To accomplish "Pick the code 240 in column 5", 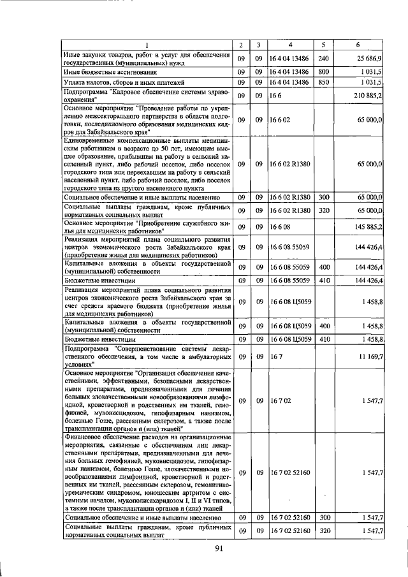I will (x=323, y=59).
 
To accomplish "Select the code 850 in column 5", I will (x=323, y=82).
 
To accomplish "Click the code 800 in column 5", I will (x=323, y=71).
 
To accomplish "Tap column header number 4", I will (x=290, y=45).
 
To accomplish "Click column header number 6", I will (x=358, y=45).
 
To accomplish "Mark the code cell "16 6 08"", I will (x=280, y=226).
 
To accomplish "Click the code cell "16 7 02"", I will (x=280, y=401).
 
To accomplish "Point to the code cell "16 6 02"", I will (x=280, y=119).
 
